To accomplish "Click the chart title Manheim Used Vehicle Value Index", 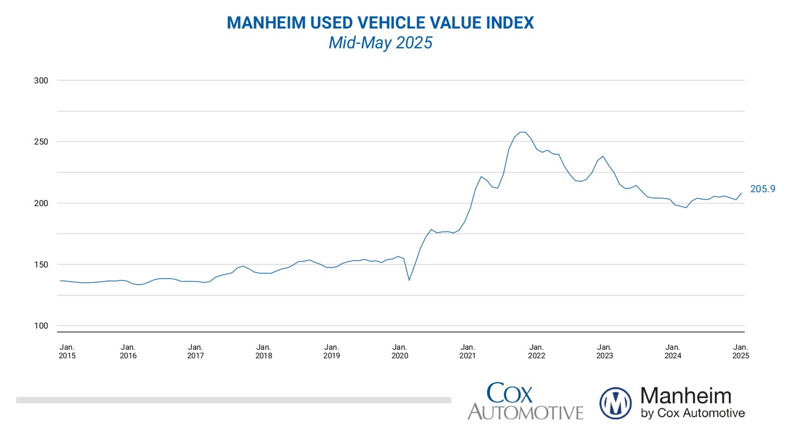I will click(x=380, y=23).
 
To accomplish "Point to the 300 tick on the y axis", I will click(x=41, y=81).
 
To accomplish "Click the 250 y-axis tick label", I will click(x=41, y=142).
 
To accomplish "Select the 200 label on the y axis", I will click(x=41, y=203).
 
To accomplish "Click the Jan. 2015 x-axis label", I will click(x=67, y=351).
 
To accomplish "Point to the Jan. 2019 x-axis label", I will click(x=331, y=351).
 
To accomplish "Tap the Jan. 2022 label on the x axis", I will click(x=536, y=351).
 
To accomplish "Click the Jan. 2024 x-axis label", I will click(x=673, y=351).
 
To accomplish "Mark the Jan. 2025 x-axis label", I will click(x=741, y=351).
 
